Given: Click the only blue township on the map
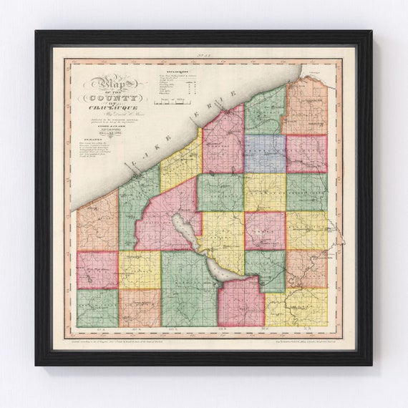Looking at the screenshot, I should [265, 153].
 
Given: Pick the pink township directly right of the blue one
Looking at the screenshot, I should [306, 153].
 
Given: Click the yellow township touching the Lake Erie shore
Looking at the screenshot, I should [180, 161].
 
